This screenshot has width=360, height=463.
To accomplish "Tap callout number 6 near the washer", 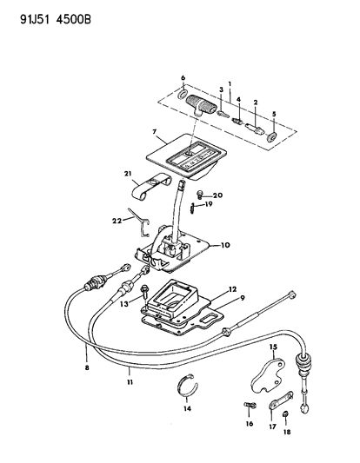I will (183, 78).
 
